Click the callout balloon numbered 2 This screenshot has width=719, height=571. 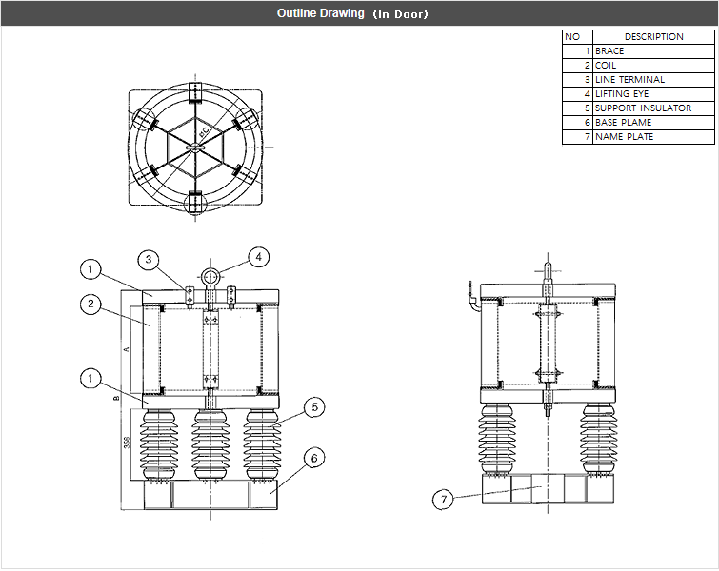(x=90, y=305)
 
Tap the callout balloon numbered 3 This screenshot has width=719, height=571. (x=148, y=259)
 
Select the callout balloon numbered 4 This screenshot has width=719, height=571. (x=257, y=256)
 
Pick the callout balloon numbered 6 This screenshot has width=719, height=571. (x=311, y=458)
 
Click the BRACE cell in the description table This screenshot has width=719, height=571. (x=609, y=50)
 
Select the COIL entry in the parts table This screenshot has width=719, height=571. (x=606, y=65)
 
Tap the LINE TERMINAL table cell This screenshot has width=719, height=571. (x=629, y=80)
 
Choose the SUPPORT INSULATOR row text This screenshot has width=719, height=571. (x=643, y=108)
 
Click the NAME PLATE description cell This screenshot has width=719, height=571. (x=624, y=137)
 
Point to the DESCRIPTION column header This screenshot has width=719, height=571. (x=653, y=36)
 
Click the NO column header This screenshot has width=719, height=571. (x=572, y=36)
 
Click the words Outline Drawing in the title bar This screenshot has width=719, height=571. (x=320, y=13)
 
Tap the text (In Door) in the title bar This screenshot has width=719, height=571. (x=400, y=14)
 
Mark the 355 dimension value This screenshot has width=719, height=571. (x=126, y=443)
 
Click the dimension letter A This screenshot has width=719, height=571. (x=126, y=349)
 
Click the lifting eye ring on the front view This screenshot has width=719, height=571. (x=211, y=276)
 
